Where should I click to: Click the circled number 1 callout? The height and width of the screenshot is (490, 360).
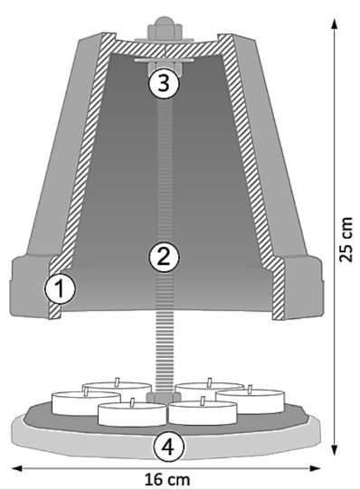tap(60, 288)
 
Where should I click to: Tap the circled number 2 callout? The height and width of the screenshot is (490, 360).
tap(164, 257)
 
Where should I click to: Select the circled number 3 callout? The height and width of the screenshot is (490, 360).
tap(164, 83)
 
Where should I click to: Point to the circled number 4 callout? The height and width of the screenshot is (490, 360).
tap(168, 447)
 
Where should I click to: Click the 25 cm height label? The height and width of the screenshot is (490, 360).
tap(346, 240)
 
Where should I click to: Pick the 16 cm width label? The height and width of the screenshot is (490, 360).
tap(167, 479)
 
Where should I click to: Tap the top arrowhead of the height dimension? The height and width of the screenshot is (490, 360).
tap(335, 24)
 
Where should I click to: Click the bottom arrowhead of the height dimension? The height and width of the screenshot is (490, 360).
tap(335, 449)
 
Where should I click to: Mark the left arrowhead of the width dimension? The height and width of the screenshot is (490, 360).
tap(17, 468)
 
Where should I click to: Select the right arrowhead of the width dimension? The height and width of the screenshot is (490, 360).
tap(315, 468)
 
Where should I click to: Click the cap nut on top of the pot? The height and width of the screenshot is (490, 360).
tap(165, 27)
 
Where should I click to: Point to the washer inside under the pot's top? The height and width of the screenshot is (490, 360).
tap(165, 60)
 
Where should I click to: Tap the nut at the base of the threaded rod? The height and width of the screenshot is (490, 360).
tap(163, 398)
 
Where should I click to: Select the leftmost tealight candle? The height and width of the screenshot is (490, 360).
tap(86, 403)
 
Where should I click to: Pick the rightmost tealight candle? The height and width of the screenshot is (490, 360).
tap(251, 401)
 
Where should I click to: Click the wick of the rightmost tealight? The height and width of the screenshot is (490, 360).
tap(250, 390)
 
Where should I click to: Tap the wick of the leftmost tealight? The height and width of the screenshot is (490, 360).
tap(86, 391)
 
